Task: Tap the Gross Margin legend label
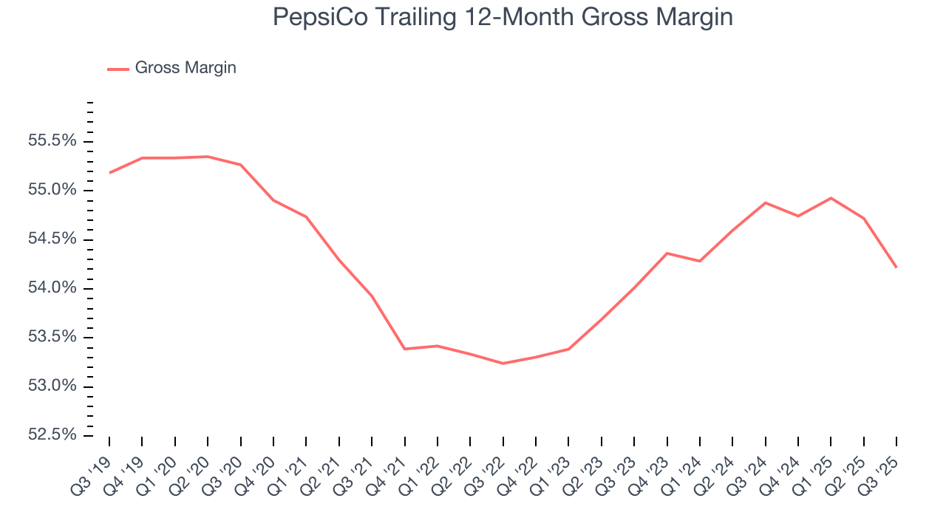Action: coord(186,68)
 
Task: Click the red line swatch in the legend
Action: coord(118,69)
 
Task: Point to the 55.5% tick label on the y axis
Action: coord(52,141)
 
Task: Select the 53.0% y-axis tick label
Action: coord(52,386)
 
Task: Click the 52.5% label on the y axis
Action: coord(52,435)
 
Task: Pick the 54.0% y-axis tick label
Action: coord(52,288)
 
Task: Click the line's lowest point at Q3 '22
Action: coord(503,364)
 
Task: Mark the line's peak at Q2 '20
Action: coord(208,157)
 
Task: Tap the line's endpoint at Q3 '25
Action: coord(896,267)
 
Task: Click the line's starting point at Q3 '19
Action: coord(109,173)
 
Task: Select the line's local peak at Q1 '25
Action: coord(831,198)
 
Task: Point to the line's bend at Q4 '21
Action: coord(405,349)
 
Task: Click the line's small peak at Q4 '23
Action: coord(667,253)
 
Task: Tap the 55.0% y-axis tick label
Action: coord(52,190)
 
